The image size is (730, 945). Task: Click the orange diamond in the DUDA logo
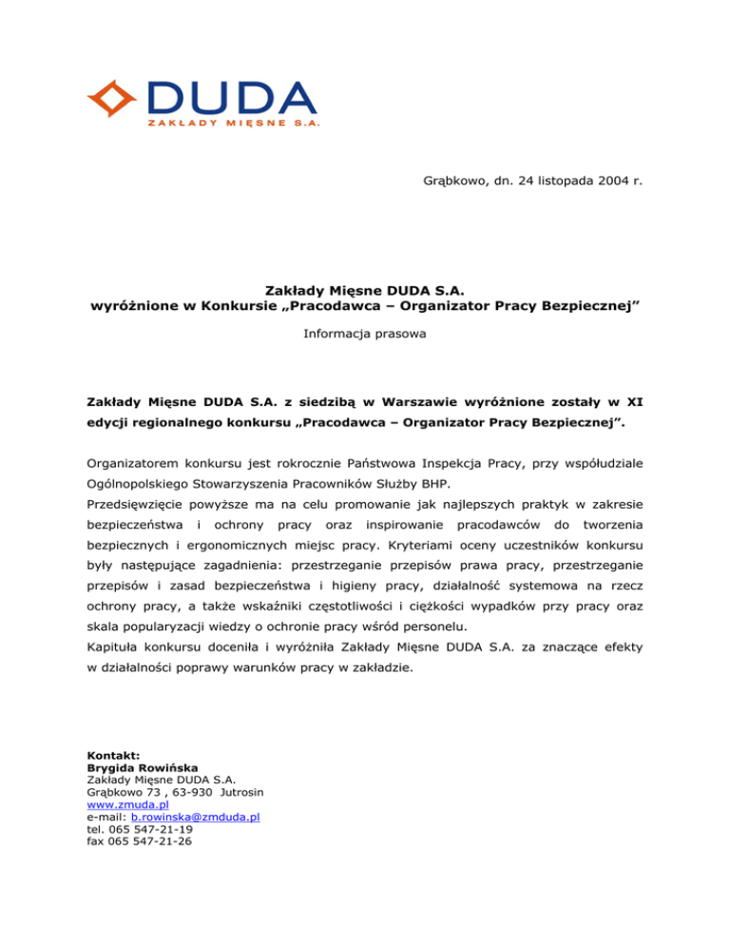(x=111, y=98)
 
